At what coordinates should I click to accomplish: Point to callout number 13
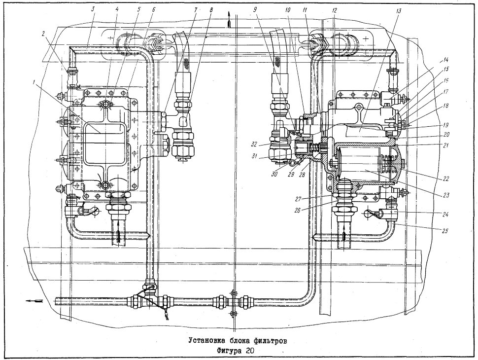coord(400,11)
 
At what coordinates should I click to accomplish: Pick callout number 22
coord(445,179)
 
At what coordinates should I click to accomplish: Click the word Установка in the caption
coord(206,341)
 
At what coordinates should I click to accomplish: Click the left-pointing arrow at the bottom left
coord(34,301)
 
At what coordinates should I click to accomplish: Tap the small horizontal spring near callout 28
coord(317,147)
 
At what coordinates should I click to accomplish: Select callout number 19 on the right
coord(446,125)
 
